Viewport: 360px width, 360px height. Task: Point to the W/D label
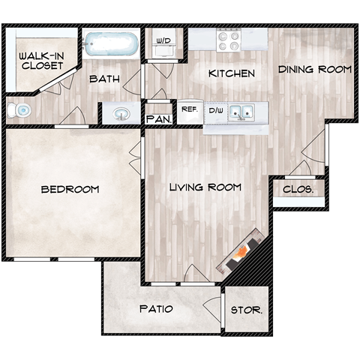[x=163, y=41]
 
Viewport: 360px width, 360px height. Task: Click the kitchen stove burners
[x=228, y=39]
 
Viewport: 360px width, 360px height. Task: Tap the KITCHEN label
[x=232, y=73]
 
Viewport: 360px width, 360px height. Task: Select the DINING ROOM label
[x=314, y=70]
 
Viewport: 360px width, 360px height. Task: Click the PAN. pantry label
[x=159, y=119]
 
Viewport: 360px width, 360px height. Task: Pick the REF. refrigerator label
[x=189, y=109]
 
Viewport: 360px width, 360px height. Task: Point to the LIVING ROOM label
[x=205, y=187]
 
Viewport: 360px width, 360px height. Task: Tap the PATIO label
[x=157, y=309]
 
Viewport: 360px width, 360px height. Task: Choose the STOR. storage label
[x=246, y=309]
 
